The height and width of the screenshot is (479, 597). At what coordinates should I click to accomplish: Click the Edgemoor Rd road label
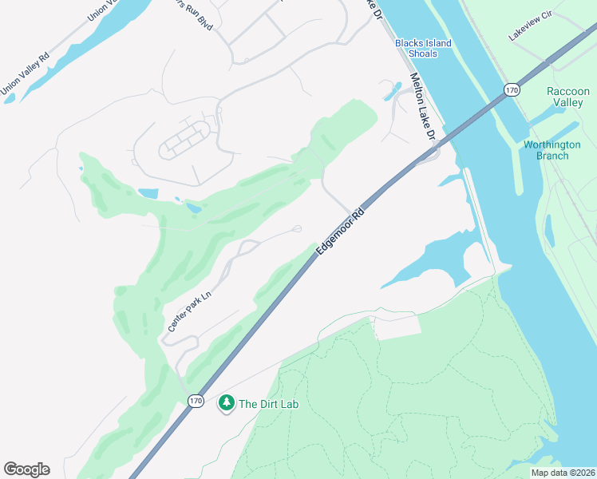pos(340,232)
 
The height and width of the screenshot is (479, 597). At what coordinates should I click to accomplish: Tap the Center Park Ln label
pos(189,311)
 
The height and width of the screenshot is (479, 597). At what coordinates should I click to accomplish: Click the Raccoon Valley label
pos(568,97)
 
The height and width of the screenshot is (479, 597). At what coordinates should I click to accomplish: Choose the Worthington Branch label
pos(546,150)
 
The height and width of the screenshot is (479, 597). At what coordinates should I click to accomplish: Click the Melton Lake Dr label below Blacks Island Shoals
pos(423,109)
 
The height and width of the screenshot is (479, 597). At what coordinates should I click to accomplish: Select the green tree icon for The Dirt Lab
pos(227,404)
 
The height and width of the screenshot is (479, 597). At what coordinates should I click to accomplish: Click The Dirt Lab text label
pos(268,404)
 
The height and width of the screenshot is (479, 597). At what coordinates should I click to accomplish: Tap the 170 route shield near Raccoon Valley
pos(512,91)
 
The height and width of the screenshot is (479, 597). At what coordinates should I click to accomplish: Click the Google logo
pos(26,469)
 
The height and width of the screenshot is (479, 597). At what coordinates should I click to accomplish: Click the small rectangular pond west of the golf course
pos(148,193)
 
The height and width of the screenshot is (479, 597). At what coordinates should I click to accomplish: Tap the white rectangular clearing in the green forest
pos(397,327)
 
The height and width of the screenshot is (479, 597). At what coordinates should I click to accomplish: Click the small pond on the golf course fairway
pos(194,208)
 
